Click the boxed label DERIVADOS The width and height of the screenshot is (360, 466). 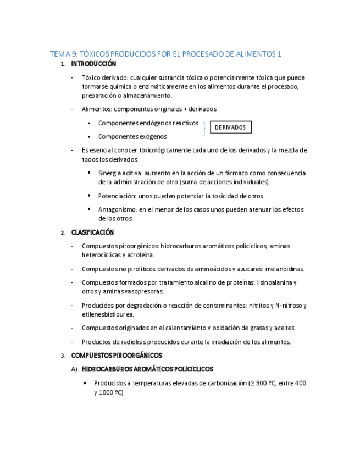[231, 127]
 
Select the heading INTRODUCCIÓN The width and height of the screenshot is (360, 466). [93, 64]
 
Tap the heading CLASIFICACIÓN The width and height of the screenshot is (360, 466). [92, 232]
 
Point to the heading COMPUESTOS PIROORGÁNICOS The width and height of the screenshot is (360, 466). [117, 356]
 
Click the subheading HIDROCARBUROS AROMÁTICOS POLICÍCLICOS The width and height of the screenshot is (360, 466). [147, 369]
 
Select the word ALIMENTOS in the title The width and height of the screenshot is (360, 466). [254, 54]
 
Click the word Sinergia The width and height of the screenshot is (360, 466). [110, 173]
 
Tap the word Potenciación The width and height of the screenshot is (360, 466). [117, 196]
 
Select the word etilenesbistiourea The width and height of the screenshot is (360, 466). [107, 314]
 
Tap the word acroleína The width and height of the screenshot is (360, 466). [141, 255]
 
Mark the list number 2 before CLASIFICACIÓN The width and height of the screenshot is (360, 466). [63, 233]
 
